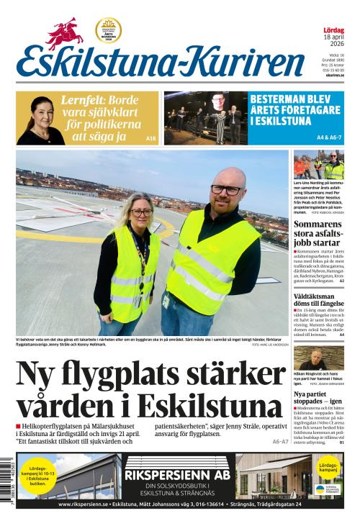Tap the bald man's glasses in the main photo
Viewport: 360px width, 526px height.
[x=225, y=189]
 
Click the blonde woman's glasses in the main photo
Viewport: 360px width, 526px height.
[x=141, y=212]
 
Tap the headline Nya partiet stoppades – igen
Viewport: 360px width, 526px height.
[x=318, y=401]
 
